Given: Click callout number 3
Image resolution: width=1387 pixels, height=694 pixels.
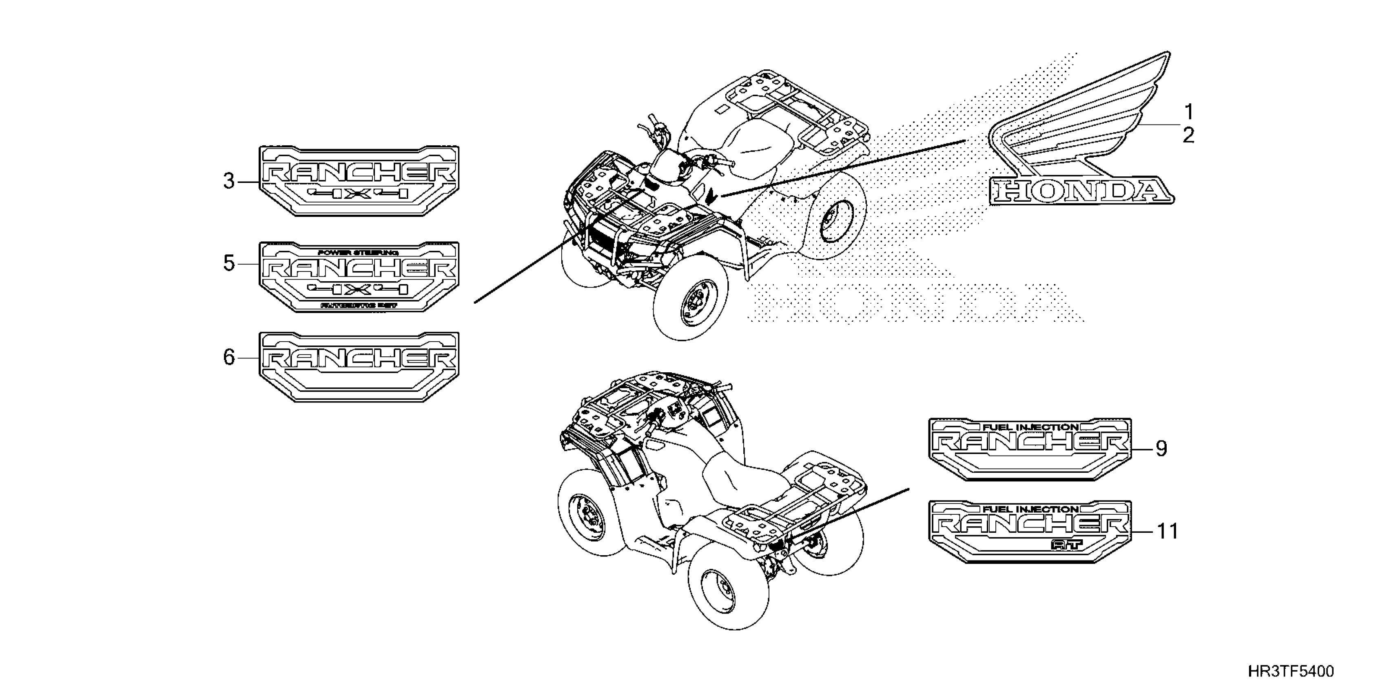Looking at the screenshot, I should tap(229, 182).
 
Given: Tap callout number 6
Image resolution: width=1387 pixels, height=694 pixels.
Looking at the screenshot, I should tap(229, 357).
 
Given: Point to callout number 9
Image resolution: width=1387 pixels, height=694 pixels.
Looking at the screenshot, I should tap(1161, 448).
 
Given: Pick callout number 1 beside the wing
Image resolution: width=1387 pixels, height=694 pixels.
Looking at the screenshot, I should tap(1188, 112).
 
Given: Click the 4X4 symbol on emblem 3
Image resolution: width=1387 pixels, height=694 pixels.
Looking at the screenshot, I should tap(359, 194).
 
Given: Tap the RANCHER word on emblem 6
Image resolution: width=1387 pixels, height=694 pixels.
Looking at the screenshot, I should tap(359, 359).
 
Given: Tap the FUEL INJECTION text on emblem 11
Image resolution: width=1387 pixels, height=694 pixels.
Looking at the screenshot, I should tap(1030, 509).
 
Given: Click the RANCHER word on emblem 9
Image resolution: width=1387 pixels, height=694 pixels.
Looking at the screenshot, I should tap(1029, 443).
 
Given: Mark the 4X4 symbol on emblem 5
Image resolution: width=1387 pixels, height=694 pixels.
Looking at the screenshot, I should tap(359, 290).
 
